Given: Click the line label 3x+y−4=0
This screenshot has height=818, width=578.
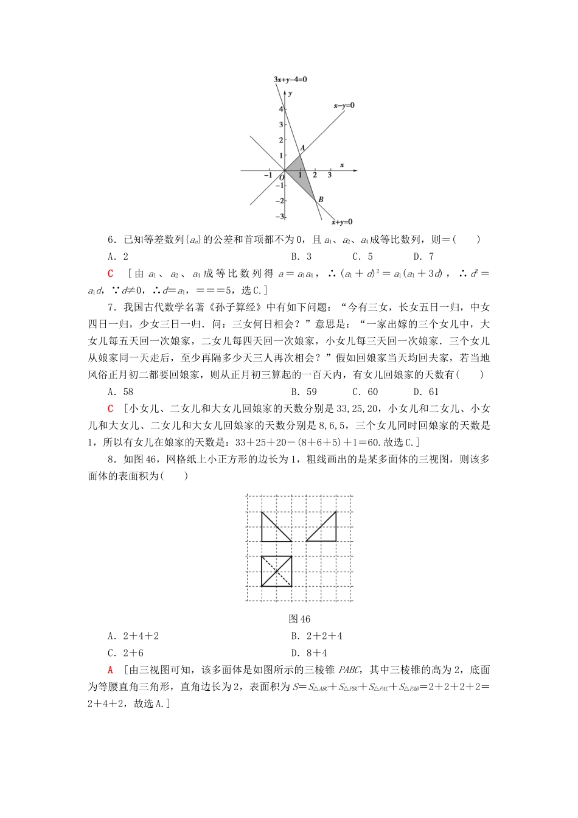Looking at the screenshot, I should coord(290,79).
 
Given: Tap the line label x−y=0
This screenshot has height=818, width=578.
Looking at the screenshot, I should coord(344,105).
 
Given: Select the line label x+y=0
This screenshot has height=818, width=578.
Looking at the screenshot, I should coord(341,222).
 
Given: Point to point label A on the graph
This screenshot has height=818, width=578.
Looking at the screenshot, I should coord(302,147).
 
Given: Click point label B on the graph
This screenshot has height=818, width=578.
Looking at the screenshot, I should coord(321,199).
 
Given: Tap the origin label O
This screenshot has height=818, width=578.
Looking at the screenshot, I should coord(281,178).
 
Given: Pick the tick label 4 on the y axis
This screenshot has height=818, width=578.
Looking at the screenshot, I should coord(281,109).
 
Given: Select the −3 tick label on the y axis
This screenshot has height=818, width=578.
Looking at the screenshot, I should coord(279,217).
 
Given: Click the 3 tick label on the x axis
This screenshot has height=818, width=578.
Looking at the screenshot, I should coord(330,175).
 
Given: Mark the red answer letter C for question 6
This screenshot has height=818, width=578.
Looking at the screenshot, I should coord(110,274).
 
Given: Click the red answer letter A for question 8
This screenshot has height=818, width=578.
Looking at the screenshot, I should coord(110,670).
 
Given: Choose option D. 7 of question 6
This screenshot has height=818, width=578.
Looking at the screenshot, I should coord(423,257).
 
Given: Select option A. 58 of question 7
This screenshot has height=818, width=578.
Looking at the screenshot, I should coord(120,392).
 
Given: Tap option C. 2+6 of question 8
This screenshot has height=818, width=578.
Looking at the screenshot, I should coord(125,653).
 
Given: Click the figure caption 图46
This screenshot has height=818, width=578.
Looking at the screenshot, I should coord(299,619).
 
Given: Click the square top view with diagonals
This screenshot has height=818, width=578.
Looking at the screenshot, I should coord(276,571).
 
